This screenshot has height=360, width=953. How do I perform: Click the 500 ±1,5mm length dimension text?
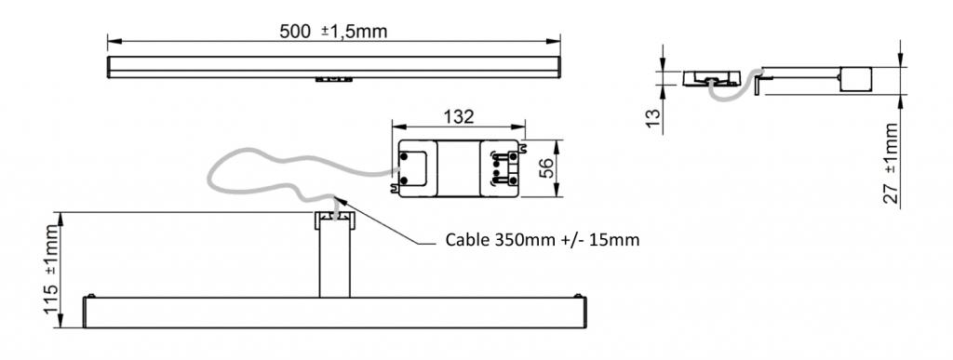(333, 32)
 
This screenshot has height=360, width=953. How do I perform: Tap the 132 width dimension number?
(458, 116)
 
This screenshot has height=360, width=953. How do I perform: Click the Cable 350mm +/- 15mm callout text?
(543, 240)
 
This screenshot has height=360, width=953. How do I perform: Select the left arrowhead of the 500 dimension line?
(114, 41)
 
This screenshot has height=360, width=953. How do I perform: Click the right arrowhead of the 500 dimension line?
(554, 41)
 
